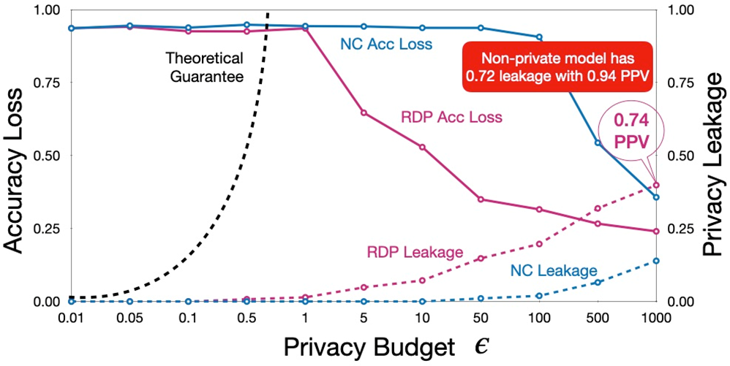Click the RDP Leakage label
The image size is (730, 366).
tap(415, 251)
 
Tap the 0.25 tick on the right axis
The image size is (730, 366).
tap(680, 229)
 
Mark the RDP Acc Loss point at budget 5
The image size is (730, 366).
tap(364, 113)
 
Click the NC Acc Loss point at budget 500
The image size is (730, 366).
tap(598, 142)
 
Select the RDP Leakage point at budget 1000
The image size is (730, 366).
tap(656, 185)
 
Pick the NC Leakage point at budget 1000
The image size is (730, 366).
tap(656, 261)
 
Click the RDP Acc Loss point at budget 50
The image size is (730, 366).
tap(481, 199)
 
